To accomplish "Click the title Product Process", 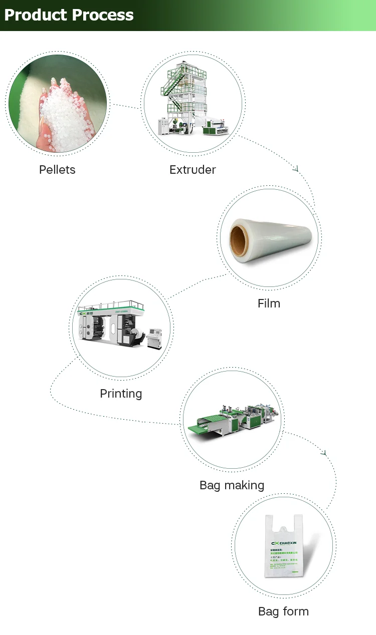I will coord(69,15).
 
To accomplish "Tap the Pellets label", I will coord(57,170).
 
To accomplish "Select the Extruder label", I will coord(193,170).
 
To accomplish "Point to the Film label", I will coord(269,303).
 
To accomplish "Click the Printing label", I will coord(121,394).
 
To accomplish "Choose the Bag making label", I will coord(232,485).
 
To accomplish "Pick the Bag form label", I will coord(283,611).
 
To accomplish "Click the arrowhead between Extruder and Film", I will coord(296,169).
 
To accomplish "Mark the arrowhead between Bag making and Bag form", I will coord(324,453).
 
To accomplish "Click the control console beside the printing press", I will coord(154,339).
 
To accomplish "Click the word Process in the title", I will coord(103,15).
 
